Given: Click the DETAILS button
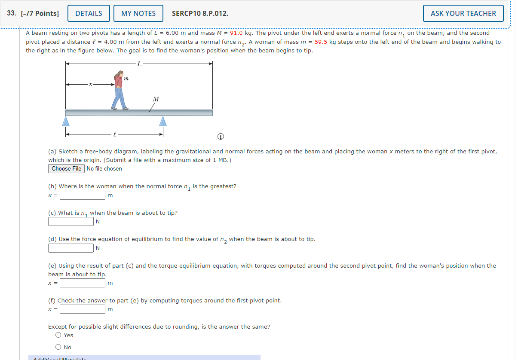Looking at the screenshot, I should [89, 13].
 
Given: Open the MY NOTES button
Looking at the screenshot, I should [138, 13].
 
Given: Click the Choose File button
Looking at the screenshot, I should [67, 168].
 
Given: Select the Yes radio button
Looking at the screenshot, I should [58, 335].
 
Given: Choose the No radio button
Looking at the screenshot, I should [58, 347].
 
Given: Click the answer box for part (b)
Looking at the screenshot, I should [83, 195].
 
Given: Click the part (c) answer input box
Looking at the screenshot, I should [71, 222].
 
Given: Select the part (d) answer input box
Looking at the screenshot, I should [71, 248].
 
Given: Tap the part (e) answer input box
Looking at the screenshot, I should [83, 283].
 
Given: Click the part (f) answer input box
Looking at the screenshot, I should [83, 309].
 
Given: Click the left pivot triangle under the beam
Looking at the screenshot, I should [66, 121].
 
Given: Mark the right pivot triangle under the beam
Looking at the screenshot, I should [163, 121].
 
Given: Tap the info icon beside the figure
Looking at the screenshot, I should [221, 137].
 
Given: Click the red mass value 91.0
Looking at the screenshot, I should [236, 33].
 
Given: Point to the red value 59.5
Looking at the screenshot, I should [322, 42].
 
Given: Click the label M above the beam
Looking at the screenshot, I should [156, 99].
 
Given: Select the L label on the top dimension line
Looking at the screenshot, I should [138, 64].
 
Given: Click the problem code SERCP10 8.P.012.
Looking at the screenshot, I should [200, 13].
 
